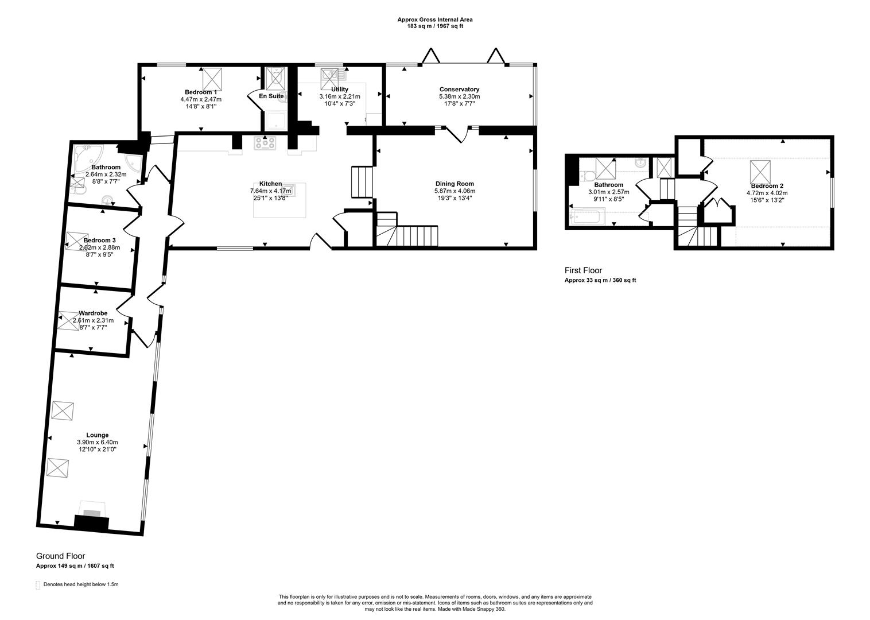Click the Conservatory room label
click(459, 89)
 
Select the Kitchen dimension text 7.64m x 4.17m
click(270, 191)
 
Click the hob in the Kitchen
click(265, 144)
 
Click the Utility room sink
click(330, 75)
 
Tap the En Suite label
click(271, 96)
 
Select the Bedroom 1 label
click(201, 92)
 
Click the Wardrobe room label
click(93, 313)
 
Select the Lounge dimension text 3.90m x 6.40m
click(97, 443)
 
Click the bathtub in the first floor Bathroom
click(586, 217)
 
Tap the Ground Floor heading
click(60, 556)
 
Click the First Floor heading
click(584, 270)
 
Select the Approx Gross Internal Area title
click(435, 20)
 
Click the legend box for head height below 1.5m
click(38, 585)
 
